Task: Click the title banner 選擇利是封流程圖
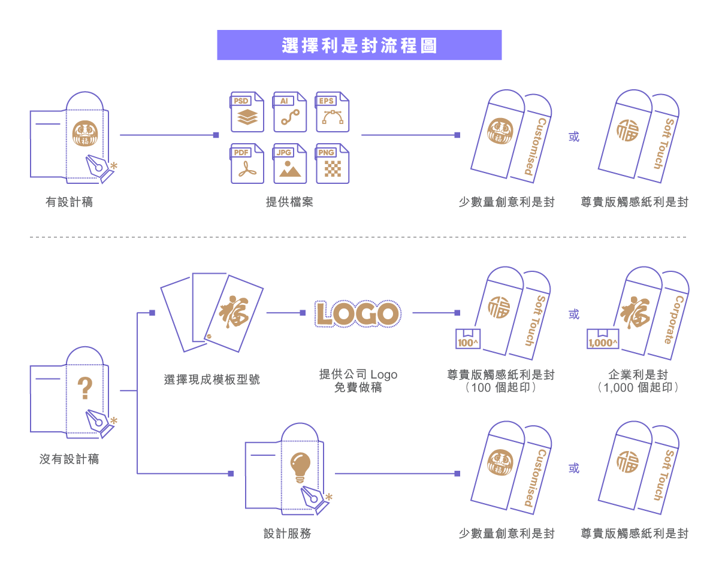(359, 45)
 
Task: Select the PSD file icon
(247, 112)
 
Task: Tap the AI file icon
(289, 112)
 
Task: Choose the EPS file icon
(332, 112)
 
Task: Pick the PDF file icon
(247, 164)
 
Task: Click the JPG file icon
(289, 164)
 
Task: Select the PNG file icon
(332, 164)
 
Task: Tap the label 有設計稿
(69, 202)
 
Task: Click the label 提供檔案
(289, 202)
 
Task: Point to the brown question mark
(85, 388)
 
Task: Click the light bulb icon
(300, 468)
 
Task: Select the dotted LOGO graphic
(358, 313)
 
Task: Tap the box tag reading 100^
(468, 339)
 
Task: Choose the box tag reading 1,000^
(603, 339)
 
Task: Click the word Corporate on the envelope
(673, 319)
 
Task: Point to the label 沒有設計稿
(69, 459)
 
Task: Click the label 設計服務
(288, 533)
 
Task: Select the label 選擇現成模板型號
(212, 380)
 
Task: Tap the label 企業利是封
(638, 374)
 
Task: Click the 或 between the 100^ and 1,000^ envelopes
(574, 314)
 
